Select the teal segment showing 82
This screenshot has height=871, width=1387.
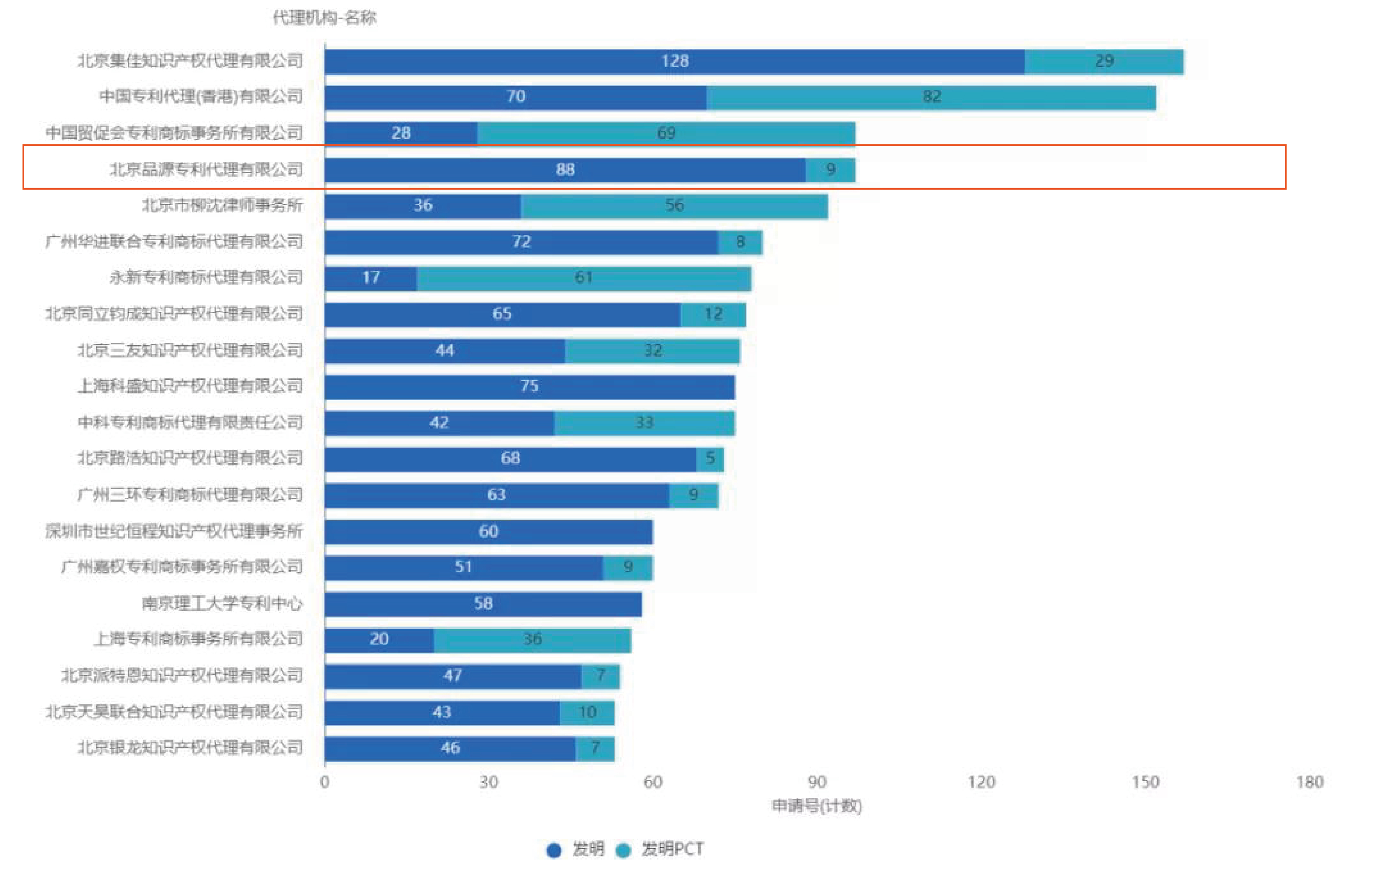click(x=931, y=97)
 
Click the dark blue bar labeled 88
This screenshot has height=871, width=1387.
click(x=565, y=170)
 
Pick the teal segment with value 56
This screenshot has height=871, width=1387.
click(x=674, y=206)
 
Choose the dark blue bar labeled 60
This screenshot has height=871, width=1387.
click(x=488, y=531)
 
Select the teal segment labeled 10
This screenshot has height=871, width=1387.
click(x=587, y=713)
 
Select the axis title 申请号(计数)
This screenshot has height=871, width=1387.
click(x=816, y=805)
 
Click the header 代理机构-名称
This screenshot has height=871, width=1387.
click(x=324, y=18)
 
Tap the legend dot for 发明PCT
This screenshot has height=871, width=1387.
click(x=623, y=850)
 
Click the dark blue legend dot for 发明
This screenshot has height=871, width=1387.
click(x=553, y=850)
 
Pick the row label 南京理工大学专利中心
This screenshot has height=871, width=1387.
click(x=222, y=604)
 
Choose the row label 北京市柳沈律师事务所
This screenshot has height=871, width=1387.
click(x=222, y=206)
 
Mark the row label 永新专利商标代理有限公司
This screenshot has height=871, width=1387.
click(x=206, y=277)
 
